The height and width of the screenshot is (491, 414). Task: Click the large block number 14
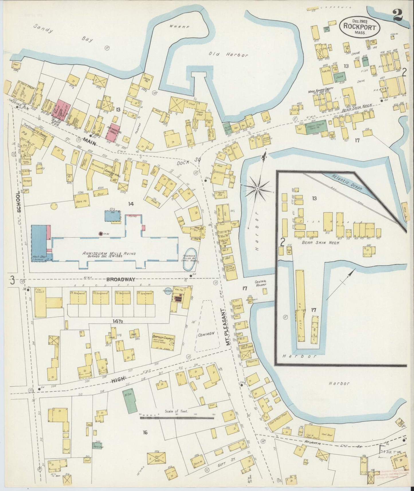click(131, 204)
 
